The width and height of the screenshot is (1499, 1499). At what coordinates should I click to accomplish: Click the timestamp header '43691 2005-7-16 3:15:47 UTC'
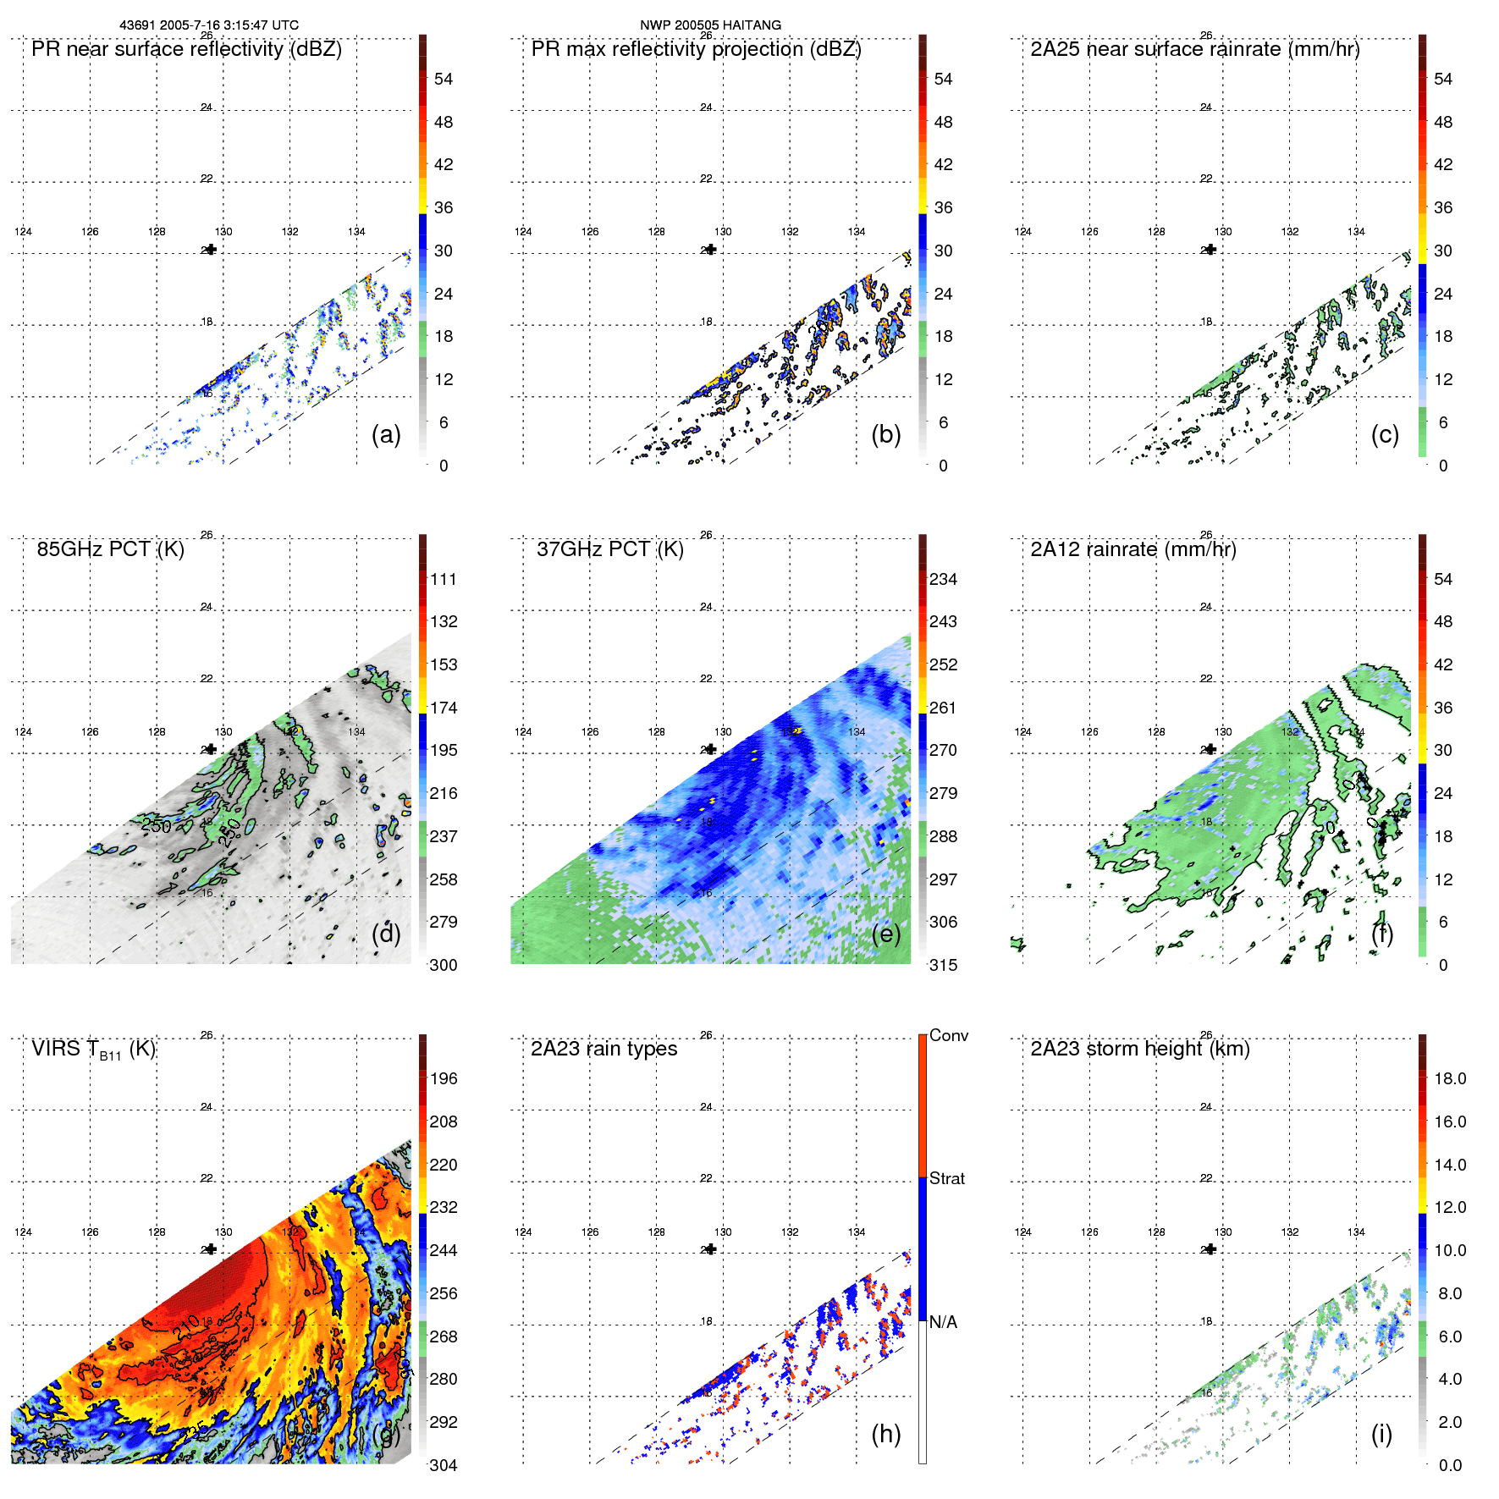pyautogui.click(x=209, y=25)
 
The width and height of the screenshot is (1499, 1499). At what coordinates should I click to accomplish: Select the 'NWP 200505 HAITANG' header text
pyautogui.click(x=710, y=25)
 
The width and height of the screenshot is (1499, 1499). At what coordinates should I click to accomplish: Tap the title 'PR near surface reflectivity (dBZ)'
pyautogui.click(x=186, y=49)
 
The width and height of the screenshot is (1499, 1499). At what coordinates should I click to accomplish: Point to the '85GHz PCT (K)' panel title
pyautogui.click(x=110, y=549)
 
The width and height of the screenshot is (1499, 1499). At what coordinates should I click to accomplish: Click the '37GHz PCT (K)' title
pyautogui.click(x=609, y=549)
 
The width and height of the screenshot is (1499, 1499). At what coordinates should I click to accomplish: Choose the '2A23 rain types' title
pyautogui.click(x=603, y=1049)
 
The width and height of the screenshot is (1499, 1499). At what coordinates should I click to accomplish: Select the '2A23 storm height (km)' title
pyautogui.click(x=1140, y=1049)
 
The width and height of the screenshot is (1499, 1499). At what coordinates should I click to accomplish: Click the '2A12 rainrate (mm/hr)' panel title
pyautogui.click(x=1133, y=549)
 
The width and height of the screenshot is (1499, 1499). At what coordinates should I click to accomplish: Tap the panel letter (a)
pyautogui.click(x=386, y=434)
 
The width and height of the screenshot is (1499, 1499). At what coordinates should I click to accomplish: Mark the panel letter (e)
pyautogui.click(x=885, y=934)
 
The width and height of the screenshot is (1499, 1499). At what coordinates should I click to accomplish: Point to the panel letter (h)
pyautogui.click(x=885, y=1433)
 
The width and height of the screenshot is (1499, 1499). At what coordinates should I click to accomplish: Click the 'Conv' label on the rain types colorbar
pyautogui.click(x=948, y=1035)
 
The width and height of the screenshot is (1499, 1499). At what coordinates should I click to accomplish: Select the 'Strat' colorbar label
pyautogui.click(x=946, y=1178)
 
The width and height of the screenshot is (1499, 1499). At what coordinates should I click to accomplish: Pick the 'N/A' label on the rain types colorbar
pyautogui.click(x=943, y=1322)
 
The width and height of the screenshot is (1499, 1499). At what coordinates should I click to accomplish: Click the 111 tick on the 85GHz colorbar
pyautogui.click(x=444, y=579)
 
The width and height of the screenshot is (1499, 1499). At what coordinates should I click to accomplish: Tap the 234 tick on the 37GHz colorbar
pyautogui.click(x=943, y=579)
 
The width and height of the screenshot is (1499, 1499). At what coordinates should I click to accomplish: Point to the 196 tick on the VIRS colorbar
pyautogui.click(x=444, y=1078)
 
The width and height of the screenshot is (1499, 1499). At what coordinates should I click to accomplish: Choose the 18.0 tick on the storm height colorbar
pyautogui.click(x=1450, y=1078)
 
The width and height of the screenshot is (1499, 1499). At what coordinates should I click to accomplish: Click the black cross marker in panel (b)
pyautogui.click(x=711, y=250)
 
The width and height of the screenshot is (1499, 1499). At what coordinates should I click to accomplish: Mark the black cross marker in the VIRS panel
pyautogui.click(x=211, y=1249)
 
